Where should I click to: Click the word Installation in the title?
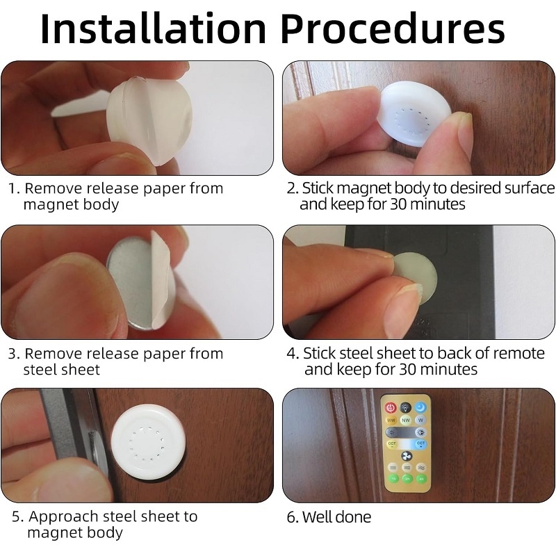[x=153, y=28]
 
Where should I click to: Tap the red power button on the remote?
[x=391, y=407]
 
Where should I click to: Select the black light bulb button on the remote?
[x=406, y=407]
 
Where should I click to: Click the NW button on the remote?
[x=406, y=420]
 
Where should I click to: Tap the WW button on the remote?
[x=391, y=420]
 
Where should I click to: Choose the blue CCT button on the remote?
[x=420, y=444]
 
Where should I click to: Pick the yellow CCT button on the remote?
[x=391, y=444]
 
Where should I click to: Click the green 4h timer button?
[x=421, y=479]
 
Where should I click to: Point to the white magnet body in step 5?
[x=148, y=442]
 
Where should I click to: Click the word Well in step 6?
[x=317, y=517]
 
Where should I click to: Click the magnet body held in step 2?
[x=415, y=113]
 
